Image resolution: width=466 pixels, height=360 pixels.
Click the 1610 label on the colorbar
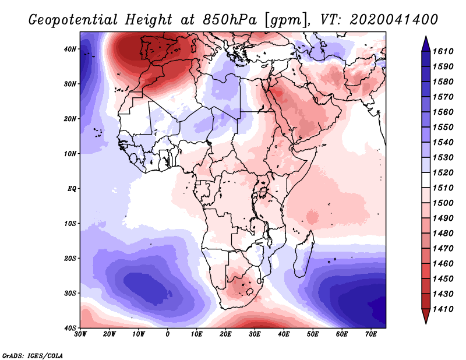coord(447,52)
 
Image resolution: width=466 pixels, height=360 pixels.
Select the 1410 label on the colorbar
coord(447,309)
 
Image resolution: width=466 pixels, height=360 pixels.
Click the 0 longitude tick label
coord(168,335)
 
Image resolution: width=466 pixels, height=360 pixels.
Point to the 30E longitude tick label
coord(255,335)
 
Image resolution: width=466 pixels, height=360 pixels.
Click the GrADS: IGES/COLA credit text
coord(33,355)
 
